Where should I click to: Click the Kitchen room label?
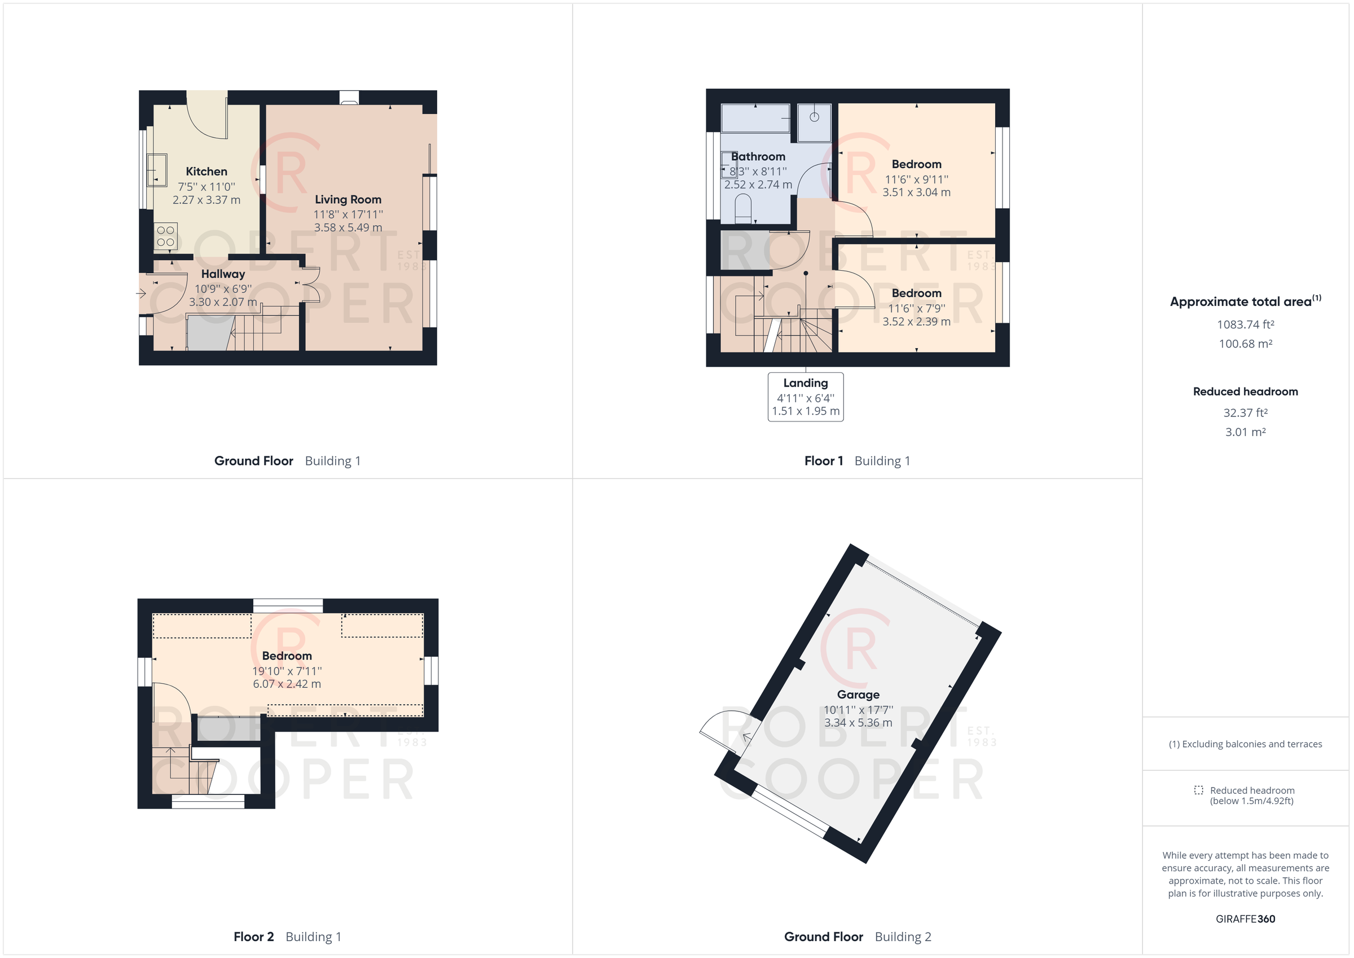point(206,172)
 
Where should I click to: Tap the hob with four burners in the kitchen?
point(166,236)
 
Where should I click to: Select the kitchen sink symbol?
point(157,170)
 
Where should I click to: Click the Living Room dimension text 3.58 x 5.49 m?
point(348,228)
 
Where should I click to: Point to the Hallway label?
point(223,274)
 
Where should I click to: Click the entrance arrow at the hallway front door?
point(142,293)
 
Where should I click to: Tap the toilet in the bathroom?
point(742,209)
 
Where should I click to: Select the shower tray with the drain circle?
point(815,122)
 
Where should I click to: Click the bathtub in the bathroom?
point(755,118)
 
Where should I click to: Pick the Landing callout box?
point(806,397)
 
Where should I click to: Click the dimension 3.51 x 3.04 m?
point(916,192)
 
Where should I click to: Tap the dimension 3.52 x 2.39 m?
point(916,322)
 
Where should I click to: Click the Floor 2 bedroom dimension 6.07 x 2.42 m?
point(287,684)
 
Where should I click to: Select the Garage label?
point(858,695)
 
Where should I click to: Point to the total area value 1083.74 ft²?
point(1246,324)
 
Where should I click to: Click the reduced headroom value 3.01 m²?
point(1246,432)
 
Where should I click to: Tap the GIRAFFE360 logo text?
point(1246,919)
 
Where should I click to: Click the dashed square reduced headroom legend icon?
point(1198,790)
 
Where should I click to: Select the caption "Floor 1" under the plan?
point(823,462)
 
